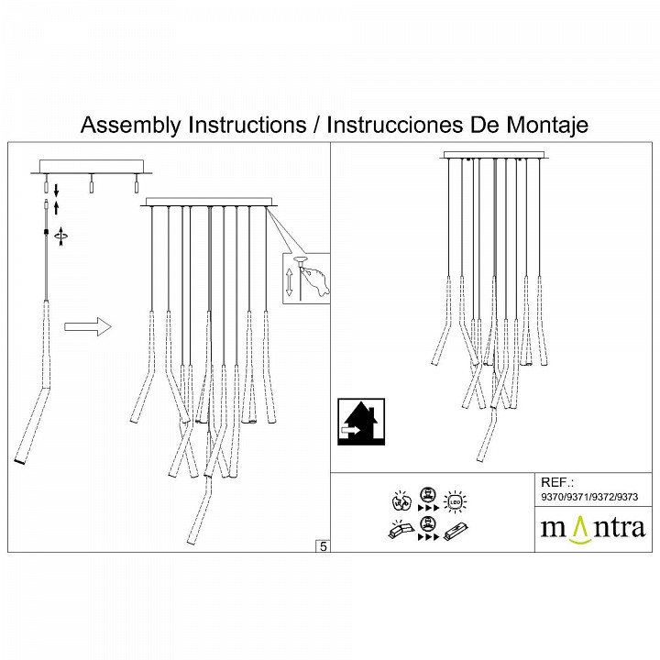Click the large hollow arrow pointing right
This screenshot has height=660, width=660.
(x=88, y=327)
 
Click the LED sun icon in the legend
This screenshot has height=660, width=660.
(x=454, y=500)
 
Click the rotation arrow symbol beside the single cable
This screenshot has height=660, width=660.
(x=61, y=236)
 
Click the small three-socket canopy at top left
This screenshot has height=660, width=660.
(x=91, y=168)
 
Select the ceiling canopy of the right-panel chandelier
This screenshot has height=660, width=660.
(x=493, y=155)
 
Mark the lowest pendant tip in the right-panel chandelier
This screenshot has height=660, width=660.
(x=478, y=457)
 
